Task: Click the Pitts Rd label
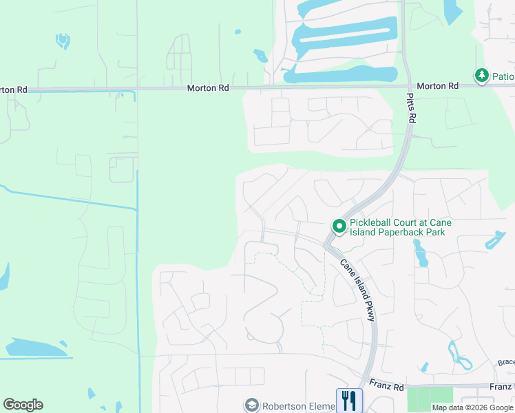(x=412, y=109)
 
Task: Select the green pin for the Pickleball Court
(x=339, y=226)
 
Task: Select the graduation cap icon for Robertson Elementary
(x=252, y=405)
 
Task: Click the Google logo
(x=23, y=405)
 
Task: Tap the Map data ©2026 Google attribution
(x=472, y=408)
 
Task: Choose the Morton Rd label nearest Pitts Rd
(x=437, y=86)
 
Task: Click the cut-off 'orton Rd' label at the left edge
(x=14, y=89)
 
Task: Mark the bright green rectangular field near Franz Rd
(x=430, y=398)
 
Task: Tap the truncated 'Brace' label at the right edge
(x=506, y=363)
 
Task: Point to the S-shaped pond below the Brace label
(x=458, y=354)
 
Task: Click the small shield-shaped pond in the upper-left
(x=63, y=41)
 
